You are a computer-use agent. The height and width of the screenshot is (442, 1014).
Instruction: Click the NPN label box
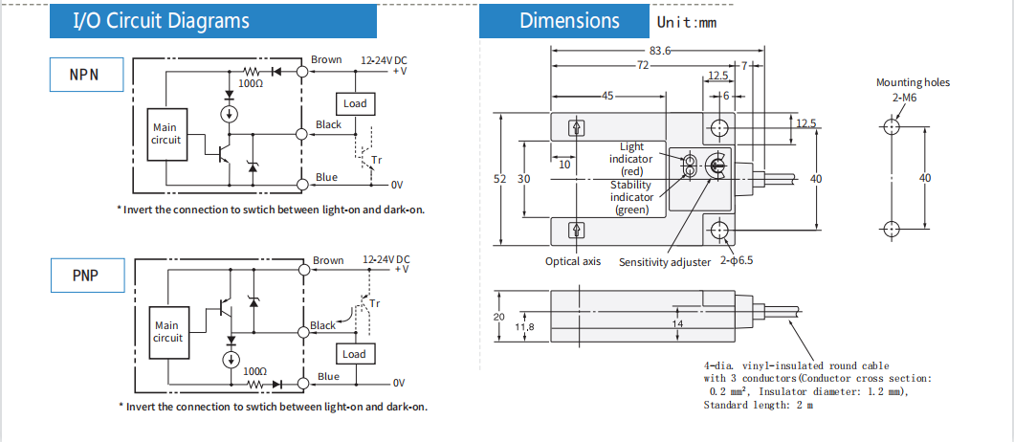click(86, 75)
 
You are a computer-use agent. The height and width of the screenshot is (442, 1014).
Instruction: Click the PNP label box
click(86, 276)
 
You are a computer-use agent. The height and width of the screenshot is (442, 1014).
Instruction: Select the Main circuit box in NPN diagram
click(165, 134)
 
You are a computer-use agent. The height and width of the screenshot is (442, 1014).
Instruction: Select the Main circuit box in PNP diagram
click(167, 332)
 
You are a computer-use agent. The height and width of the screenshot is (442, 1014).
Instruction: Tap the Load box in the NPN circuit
click(355, 103)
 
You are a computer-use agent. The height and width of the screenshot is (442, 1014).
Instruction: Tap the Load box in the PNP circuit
click(354, 354)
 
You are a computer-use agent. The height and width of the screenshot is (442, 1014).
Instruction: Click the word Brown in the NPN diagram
click(326, 59)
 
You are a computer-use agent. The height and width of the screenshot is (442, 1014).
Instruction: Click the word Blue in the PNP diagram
click(328, 376)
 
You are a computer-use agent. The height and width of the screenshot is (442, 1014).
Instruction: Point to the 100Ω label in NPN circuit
click(251, 84)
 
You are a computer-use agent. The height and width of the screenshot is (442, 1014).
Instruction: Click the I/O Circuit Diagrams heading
click(162, 21)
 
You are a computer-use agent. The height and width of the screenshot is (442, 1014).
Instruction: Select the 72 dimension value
click(642, 65)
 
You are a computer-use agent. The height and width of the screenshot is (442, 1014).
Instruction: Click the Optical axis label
click(573, 261)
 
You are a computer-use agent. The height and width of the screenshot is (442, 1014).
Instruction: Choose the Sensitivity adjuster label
click(665, 261)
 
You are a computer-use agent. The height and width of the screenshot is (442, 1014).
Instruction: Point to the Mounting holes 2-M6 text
click(913, 89)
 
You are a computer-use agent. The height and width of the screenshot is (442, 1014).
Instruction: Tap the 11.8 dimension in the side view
click(524, 327)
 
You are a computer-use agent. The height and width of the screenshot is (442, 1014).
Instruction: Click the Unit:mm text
click(687, 22)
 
